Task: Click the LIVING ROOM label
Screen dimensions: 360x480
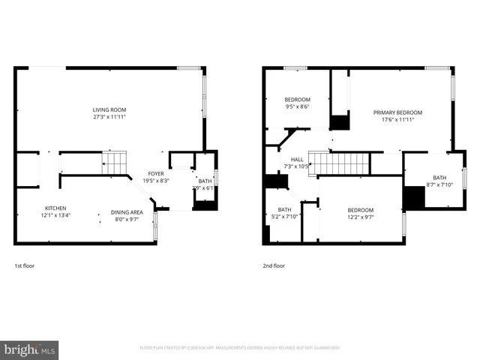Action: pyautogui.click(x=109, y=109)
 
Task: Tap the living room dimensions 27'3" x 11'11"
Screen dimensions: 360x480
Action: pyautogui.click(x=109, y=118)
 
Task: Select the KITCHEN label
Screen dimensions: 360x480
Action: pyautogui.click(x=55, y=208)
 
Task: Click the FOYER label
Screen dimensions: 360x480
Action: pyautogui.click(x=155, y=173)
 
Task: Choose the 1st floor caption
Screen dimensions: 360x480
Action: pyautogui.click(x=24, y=265)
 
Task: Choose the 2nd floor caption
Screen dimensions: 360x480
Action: pyautogui.click(x=274, y=265)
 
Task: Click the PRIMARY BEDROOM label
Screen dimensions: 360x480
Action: pyautogui.click(x=397, y=112)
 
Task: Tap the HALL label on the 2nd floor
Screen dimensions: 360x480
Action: pyautogui.click(x=297, y=159)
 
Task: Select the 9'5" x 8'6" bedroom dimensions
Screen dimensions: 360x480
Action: pyautogui.click(x=297, y=106)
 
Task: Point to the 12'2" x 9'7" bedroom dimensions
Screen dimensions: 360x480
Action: pyautogui.click(x=360, y=217)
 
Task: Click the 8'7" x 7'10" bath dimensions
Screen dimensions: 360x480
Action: pyautogui.click(x=440, y=184)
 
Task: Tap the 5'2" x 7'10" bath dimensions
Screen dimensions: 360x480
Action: pyautogui.click(x=285, y=217)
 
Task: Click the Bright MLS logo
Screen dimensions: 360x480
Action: pyautogui.click(x=30, y=349)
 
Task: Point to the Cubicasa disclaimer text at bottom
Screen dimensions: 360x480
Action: pyautogui.click(x=240, y=348)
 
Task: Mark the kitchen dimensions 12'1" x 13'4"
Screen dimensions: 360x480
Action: pyautogui.click(x=55, y=215)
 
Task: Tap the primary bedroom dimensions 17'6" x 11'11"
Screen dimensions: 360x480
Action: pyautogui.click(x=397, y=120)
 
